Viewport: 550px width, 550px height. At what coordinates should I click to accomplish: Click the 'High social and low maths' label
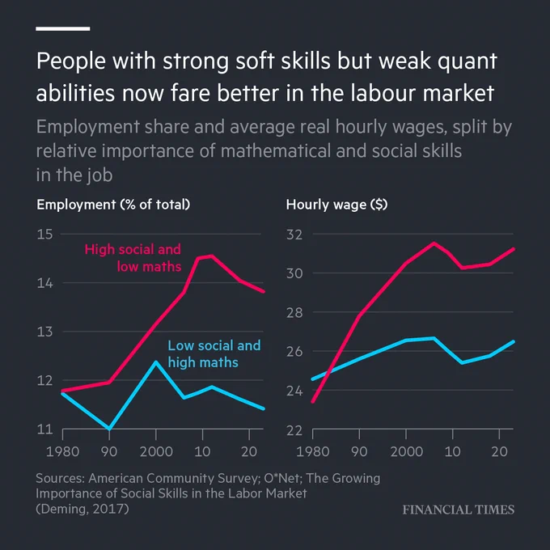tap(133, 258)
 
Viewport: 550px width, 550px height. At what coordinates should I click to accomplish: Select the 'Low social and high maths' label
tap(214, 354)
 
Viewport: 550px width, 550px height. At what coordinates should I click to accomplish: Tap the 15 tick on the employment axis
tap(44, 234)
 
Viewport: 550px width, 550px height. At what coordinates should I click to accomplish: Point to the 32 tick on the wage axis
tap(294, 234)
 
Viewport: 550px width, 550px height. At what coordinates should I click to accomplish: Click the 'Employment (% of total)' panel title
tap(113, 205)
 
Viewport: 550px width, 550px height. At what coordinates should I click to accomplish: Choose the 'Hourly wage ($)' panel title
tap(336, 205)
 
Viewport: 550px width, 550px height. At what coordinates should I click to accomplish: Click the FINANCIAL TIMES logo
tap(458, 510)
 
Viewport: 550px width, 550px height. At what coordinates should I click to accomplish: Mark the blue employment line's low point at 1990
tap(109, 429)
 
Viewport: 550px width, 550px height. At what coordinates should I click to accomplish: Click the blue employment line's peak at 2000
tap(156, 362)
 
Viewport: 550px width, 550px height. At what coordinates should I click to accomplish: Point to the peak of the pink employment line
tap(211, 256)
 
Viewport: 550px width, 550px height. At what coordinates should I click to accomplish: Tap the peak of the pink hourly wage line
tap(434, 243)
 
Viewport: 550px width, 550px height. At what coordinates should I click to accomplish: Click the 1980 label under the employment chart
tap(62, 451)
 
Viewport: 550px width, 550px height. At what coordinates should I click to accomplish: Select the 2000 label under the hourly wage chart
tap(406, 451)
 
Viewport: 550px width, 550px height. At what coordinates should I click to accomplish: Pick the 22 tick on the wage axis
tap(294, 430)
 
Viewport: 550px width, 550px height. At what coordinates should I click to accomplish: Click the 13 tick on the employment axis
tap(44, 332)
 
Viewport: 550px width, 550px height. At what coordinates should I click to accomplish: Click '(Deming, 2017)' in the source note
tap(82, 509)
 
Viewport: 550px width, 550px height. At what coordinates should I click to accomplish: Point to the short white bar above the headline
tap(63, 29)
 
